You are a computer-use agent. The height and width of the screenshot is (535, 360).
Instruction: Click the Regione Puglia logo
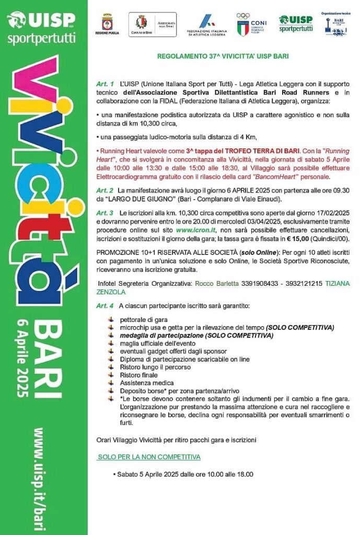[108, 24]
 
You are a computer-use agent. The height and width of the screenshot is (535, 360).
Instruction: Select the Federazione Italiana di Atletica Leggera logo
[207, 25]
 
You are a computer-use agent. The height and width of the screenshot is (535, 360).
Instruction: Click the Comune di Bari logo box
[152, 25]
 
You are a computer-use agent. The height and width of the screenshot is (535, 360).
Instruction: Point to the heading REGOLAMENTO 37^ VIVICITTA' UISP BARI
[223, 56]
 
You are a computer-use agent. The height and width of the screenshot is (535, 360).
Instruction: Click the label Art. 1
[105, 84]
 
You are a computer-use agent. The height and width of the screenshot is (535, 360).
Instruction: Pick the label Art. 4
[105, 305]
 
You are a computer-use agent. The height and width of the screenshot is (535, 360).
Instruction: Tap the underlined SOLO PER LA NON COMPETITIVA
[149, 457]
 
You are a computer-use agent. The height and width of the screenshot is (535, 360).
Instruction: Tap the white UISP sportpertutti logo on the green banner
[41, 26]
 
